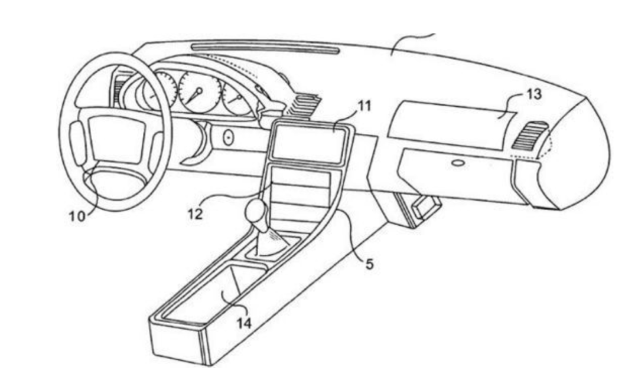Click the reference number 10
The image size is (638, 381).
pyautogui.click(x=77, y=216)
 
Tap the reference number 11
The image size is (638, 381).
pyautogui.click(x=364, y=106)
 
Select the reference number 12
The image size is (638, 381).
pyautogui.click(x=196, y=214)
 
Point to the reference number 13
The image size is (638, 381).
pyautogui.click(x=534, y=94)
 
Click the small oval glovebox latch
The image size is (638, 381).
pyautogui.click(x=458, y=164)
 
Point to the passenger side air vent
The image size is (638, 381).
pyautogui.click(x=529, y=135)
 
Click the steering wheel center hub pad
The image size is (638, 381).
pyautogui.click(x=117, y=138)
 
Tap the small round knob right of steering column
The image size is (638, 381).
pyautogui.click(x=229, y=138)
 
